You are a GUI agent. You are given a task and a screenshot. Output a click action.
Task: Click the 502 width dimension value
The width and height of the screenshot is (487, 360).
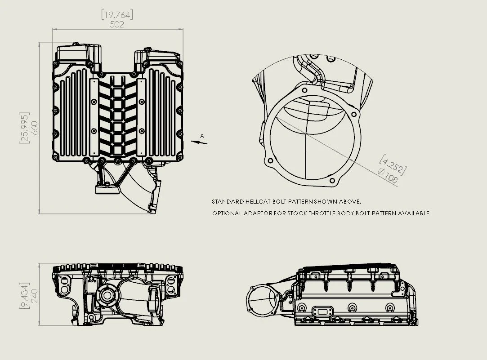point(117,25)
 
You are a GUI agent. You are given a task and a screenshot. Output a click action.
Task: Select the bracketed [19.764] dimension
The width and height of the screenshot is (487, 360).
point(117,15)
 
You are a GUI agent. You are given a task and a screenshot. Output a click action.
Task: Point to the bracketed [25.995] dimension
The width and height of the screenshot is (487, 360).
point(24,128)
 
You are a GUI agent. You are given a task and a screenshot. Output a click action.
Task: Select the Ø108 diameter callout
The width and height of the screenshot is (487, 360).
point(388,176)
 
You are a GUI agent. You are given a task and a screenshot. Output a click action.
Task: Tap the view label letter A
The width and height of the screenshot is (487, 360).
point(202,136)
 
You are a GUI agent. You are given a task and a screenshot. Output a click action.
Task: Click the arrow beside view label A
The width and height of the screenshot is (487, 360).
point(199,142)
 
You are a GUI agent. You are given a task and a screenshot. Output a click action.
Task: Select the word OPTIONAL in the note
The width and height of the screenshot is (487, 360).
point(227,213)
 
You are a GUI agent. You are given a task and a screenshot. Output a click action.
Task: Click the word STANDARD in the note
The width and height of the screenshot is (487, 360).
point(226,202)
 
